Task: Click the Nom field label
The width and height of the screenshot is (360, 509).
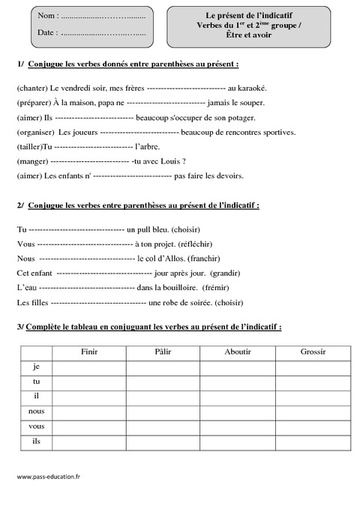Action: point(46,16)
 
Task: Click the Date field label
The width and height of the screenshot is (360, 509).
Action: point(46,33)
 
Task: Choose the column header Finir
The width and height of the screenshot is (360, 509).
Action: point(88,351)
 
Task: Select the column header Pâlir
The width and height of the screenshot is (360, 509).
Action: point(163,351)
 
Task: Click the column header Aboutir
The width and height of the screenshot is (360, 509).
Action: point(237,351)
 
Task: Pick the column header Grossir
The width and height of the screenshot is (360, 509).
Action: point(312,351)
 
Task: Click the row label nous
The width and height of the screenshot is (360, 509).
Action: point(36,412)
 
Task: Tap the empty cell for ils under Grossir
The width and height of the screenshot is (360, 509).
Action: point(312,442)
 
